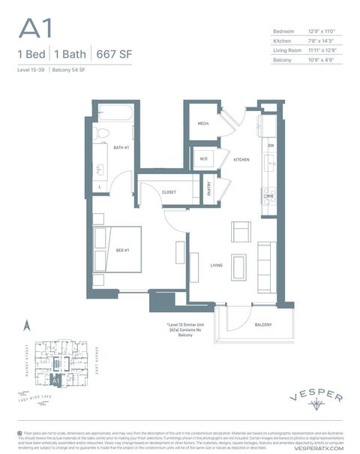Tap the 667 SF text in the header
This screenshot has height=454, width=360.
click(112, 54)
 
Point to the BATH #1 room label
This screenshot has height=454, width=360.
click(121, 147)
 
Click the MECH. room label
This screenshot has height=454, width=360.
click(202, 123)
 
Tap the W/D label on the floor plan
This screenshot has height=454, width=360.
click(203, 159)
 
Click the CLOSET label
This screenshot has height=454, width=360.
click(169, 192)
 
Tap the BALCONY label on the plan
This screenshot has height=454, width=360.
click(263, 324)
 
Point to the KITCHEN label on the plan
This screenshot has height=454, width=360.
click(241, 160)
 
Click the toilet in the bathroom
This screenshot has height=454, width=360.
click(104, 134)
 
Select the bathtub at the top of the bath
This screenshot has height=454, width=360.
click(116, 115)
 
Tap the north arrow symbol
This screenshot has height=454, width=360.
click(25, 326)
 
